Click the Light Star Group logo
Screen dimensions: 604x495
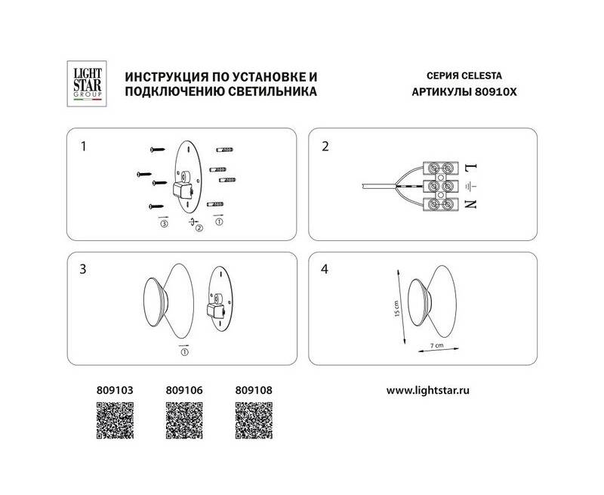tap(87, 84)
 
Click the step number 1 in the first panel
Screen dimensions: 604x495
tap(83, 147)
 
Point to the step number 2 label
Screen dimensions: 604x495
tap(325, 147)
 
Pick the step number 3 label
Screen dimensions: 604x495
tap(83, 269)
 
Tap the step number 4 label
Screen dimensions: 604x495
tap(325, 269)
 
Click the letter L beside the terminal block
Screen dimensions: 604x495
tap(471, 168)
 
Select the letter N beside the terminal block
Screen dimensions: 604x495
tap(470, 204)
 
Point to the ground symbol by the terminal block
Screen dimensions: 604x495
tap(470, 187)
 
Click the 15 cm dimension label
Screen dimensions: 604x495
tap(397, 308)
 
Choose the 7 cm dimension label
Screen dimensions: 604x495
tap(437, 345)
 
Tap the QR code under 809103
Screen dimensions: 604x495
tap(115, 420)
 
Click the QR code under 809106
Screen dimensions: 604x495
tap(184, 420)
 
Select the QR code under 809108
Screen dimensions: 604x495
tap(254, 420)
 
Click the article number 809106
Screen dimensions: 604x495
tap(184, 390)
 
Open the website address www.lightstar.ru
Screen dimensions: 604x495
tap(427, 391)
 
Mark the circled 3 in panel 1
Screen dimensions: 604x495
tap(164, 224)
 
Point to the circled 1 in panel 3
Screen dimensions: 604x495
tap(184, 352)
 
